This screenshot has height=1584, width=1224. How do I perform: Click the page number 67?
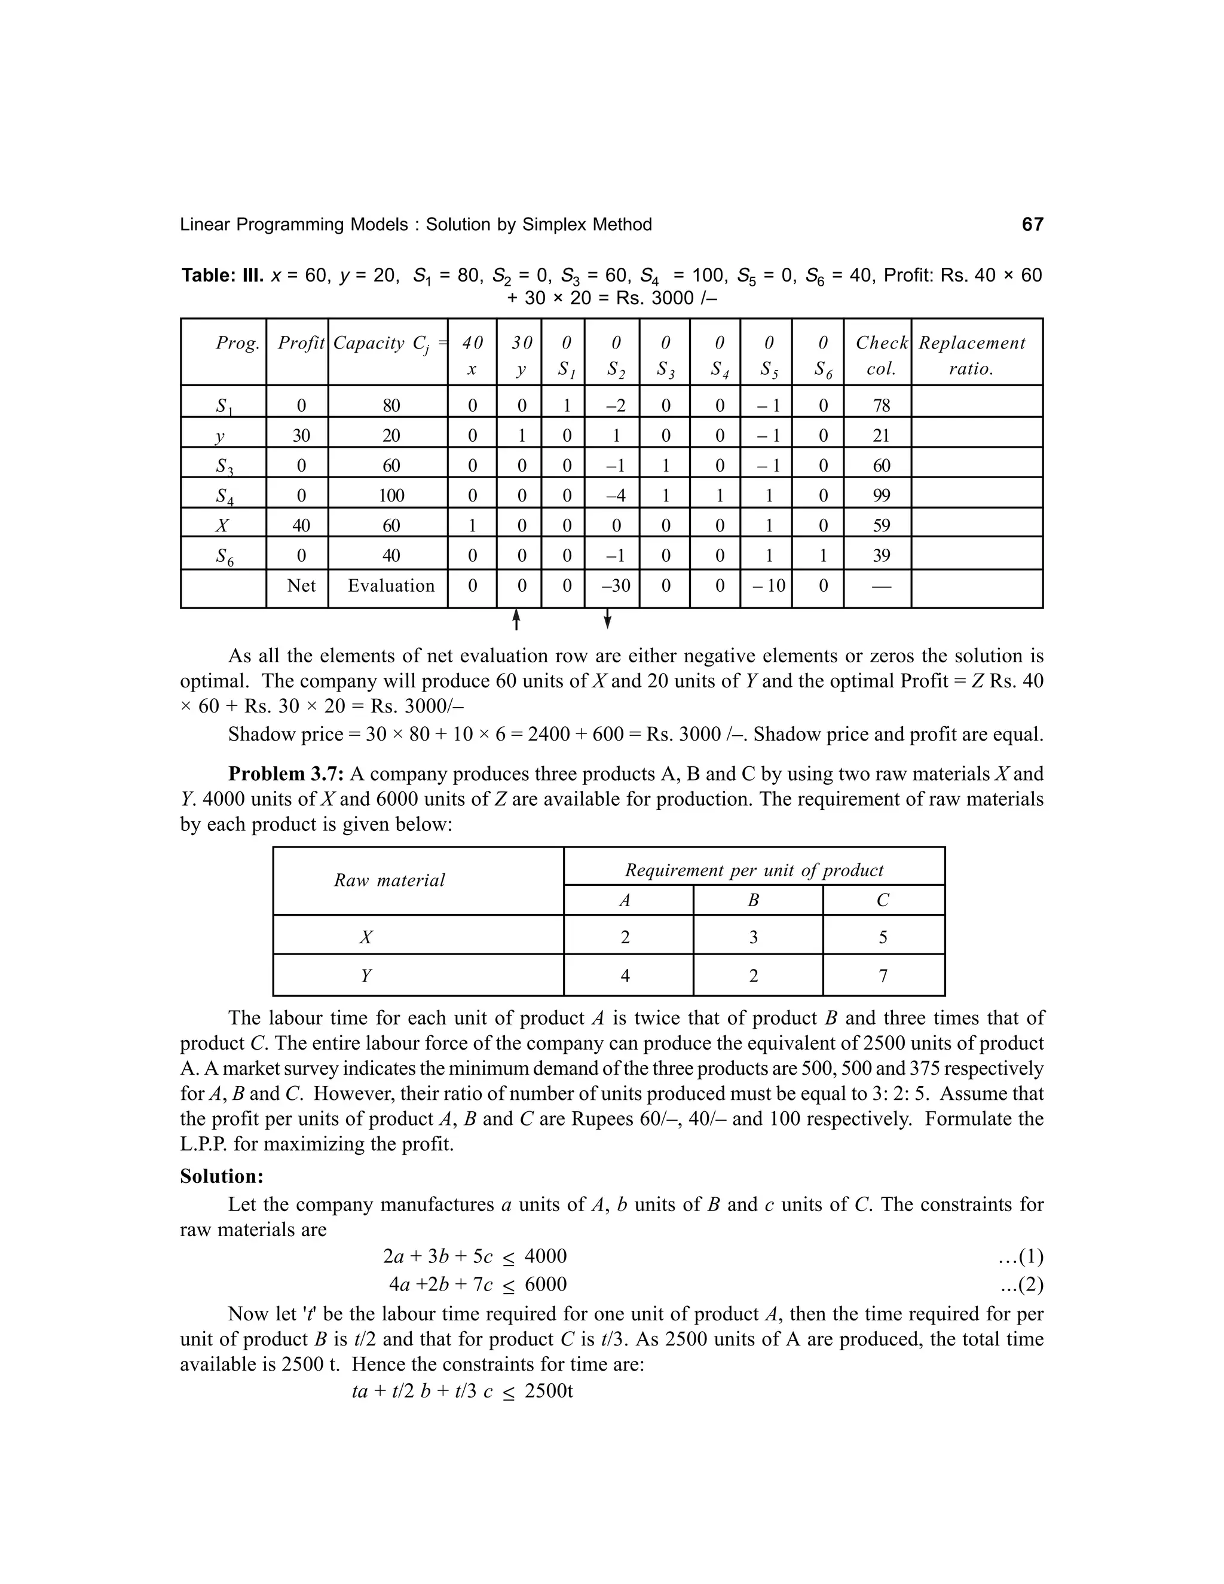pyautogui.click(x=1032, y=225)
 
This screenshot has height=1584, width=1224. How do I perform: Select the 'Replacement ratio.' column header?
pyautogui.click(x=972, y=356)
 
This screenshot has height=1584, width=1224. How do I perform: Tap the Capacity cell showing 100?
pyautogui.click(x=391, y=496)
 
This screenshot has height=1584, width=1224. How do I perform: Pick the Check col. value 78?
pyautogui.click(x=881, y=405)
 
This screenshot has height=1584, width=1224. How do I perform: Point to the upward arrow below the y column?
pyautogui.click(x=516, y=619)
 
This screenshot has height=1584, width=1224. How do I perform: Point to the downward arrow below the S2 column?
pyautogui.click(x=608, y=619)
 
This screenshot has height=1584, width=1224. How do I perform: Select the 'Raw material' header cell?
pyautogui.click(x=390, y=880)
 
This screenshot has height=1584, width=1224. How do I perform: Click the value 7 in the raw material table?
pyautogui.click(x=883, y=976)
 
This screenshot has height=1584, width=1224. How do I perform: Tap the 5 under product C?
pyautogui.click(x=883, y=938)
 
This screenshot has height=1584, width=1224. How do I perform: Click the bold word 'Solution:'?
pyautogui.click(x=222, y=1176)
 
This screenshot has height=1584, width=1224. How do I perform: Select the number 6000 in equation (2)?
pyautogui.click(x=545, y=1285)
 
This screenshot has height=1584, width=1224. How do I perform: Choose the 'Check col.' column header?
pyautogui.click(x=881, y=356)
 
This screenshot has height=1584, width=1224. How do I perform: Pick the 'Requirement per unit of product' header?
pyautogui.click(x=754, y=870)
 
